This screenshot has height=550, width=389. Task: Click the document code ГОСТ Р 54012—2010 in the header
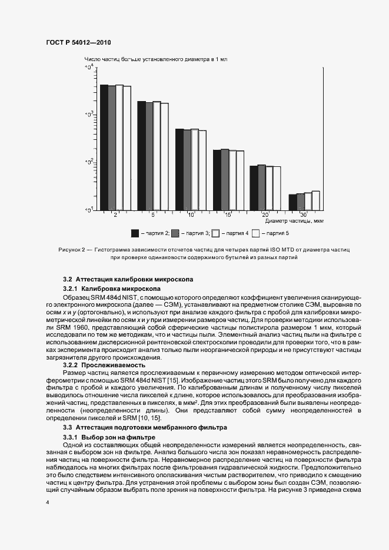tap(78, 43)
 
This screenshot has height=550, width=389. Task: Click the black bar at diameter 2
tap(104, 147)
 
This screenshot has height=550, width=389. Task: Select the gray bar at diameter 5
tap(149, 156)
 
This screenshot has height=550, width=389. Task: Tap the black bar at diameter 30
tap(292, 202)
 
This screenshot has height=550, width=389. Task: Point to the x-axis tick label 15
tap(228, 215)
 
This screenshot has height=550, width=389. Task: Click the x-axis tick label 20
tap(265, 215)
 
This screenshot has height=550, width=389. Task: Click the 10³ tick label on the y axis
tap(89, 115)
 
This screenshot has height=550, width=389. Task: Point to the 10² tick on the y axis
tap(89, 162)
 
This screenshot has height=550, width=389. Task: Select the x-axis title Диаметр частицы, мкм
tap(294, 222)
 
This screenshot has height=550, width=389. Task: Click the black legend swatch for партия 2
tap(134, 233)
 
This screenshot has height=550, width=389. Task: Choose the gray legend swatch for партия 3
tap(175, 233)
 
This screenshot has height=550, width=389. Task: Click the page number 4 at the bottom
tap(47, 502)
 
